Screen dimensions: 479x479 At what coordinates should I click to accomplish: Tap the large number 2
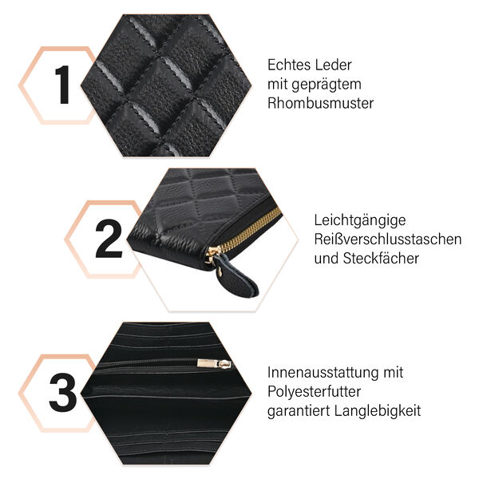(109, 239)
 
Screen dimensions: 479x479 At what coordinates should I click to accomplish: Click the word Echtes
(287, 65)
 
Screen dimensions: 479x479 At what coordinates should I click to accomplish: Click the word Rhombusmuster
(320, 103)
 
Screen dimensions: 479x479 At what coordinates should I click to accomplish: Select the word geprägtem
(329, 85)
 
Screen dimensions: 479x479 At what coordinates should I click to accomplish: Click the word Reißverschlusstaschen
(388, 239)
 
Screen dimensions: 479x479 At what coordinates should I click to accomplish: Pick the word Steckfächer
(380, 258)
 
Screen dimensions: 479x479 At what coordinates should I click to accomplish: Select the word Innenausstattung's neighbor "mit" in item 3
(394, 373)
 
